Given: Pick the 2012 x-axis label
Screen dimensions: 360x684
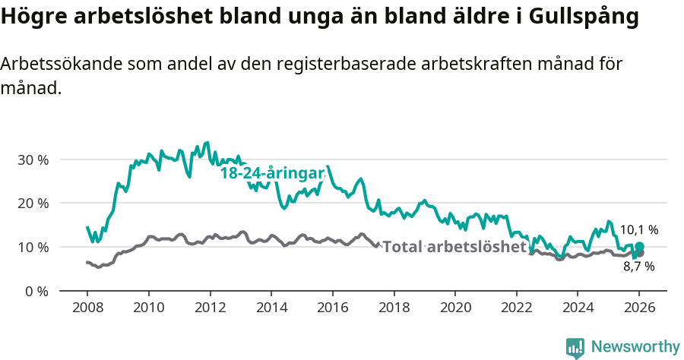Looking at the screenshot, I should (209, 309).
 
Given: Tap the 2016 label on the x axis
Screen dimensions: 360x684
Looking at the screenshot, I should (332, 309).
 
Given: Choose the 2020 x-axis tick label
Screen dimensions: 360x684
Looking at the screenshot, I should (454, 309).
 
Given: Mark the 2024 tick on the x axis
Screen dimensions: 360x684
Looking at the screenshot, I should (577, 309).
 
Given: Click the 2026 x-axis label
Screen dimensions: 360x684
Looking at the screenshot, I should (638, 309).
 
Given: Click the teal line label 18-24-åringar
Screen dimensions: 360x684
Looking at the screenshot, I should (272, 173).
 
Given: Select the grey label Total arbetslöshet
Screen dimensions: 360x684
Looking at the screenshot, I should (454, 247).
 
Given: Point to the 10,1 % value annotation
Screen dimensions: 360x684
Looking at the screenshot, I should (638, 229).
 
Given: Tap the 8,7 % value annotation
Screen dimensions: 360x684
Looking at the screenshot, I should (638, 267).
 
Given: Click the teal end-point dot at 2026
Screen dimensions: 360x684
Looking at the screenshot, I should (639, 246).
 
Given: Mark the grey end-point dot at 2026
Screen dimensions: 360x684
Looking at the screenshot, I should (639, 253).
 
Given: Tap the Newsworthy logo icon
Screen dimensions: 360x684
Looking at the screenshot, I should (575, 347).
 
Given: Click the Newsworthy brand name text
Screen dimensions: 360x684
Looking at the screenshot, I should (635, 347).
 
